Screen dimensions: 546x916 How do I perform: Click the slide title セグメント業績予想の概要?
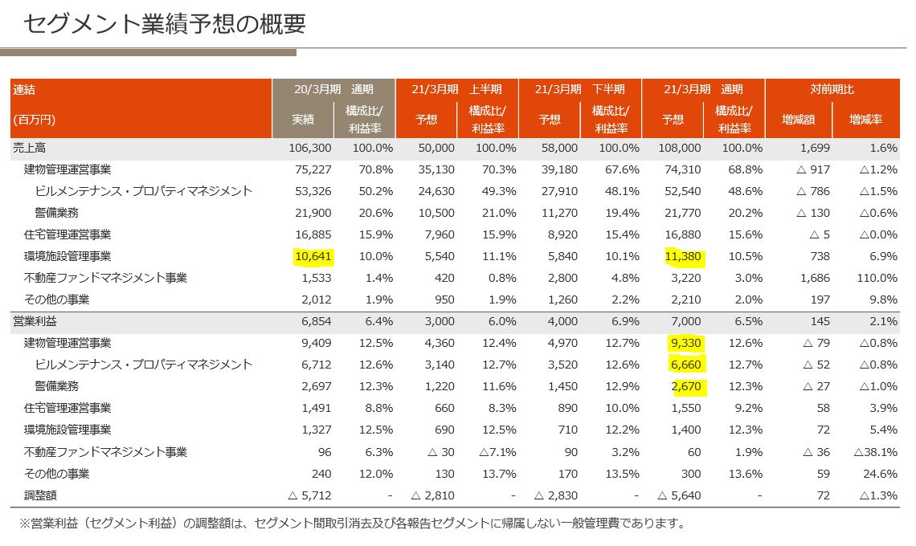click(165, 24)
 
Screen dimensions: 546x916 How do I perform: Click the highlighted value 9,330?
click(685, 343)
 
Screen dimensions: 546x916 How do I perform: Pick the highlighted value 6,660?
click(685, 365)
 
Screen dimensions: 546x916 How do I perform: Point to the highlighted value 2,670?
click(685, 386)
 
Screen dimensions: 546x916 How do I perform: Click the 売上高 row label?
click(30, 148)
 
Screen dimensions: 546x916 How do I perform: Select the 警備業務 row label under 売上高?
click(56, 213)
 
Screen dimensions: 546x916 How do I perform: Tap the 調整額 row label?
click(40, 495)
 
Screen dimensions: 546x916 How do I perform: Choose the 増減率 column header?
click(865, 120)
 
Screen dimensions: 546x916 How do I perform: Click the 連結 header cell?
click(25, 89)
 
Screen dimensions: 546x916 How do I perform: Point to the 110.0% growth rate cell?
click(877, 278)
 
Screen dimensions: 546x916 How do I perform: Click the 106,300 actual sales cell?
click(309, 148)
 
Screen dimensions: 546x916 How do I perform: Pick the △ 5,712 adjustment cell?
click(309, 495)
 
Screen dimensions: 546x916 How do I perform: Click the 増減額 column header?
click(798, 120)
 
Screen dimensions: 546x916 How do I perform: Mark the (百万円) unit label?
click(34, 120)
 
